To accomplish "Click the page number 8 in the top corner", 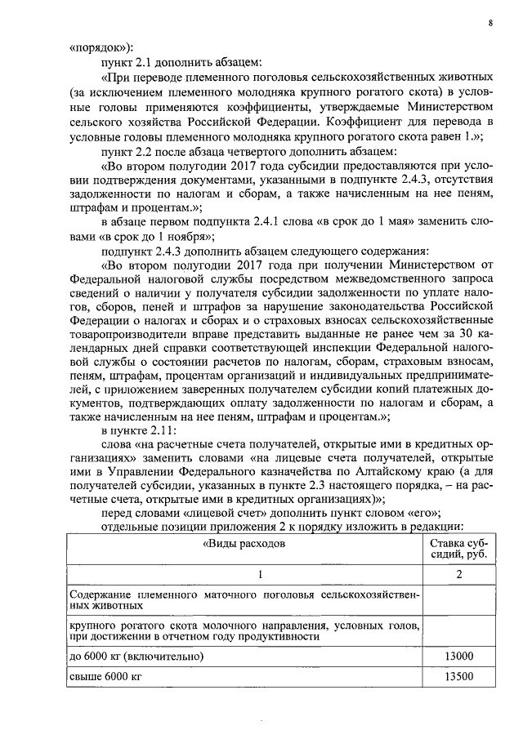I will tap(489, 22).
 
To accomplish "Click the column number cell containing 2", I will tap(459, 575).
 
